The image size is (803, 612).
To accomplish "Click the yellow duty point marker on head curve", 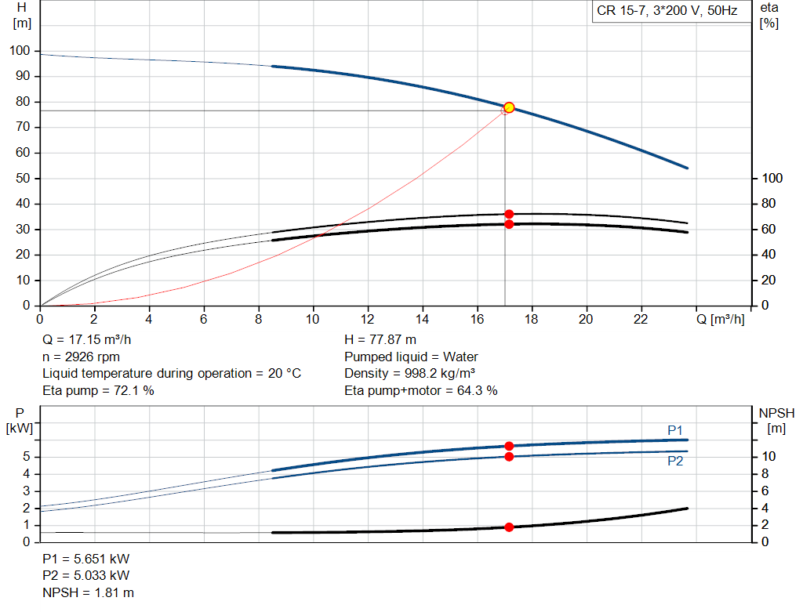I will tap(509, 107).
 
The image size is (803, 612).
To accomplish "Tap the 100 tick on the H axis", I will tap(20, 51).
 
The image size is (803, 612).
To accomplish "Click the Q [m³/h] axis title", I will tap(721, 319).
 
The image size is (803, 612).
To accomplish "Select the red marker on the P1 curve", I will tap(509, 446).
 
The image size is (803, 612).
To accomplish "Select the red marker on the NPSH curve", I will tap(509, 527).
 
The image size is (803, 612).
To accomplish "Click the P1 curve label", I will tap(675, 430).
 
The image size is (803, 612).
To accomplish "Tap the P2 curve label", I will tap(675, 462).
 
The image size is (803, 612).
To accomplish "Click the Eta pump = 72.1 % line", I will tap(98, 390).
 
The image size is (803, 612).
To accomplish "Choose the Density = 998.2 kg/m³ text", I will tap(409, 374).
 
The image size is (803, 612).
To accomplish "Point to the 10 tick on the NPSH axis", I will tap(768, 456).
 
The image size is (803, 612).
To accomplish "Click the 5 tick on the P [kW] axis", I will tap(27, 456).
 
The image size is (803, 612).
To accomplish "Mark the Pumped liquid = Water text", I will tap(411, 357).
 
